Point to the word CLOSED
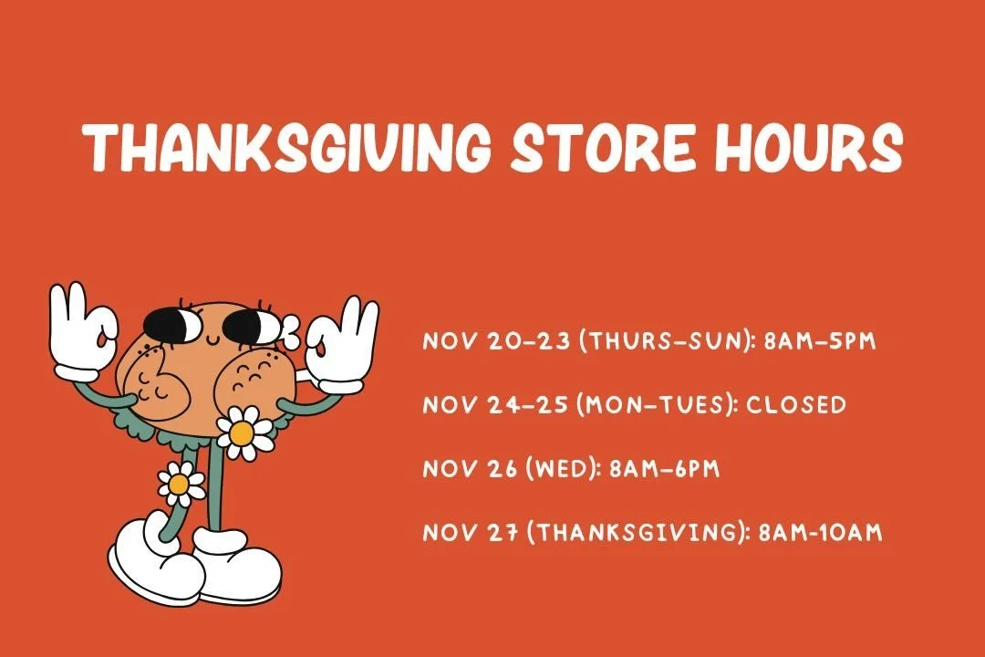pos(796,404)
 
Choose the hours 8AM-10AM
pos(821,533)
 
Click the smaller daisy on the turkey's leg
pos(181,483)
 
